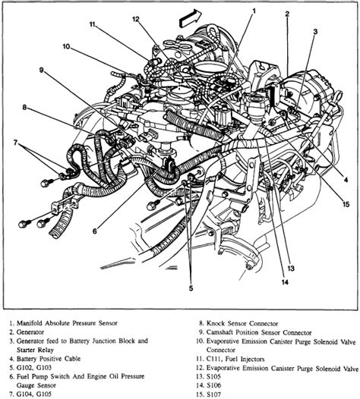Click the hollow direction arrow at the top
point(191,17)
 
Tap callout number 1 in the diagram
point(254,11)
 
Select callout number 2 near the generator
point(287,14)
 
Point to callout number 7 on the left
point(15,143)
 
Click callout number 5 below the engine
point(191,288)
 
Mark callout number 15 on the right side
point(346,204)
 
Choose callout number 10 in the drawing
point(66,46)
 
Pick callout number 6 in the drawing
point(94,231)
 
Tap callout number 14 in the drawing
point(285,282)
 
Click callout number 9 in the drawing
point(42,70)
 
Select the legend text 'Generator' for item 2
point(30,332)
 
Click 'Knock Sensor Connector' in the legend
point(242,323)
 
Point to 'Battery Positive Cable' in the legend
point(49,359)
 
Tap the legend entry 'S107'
point(213,394)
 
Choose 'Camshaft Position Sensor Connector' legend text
point(259,332)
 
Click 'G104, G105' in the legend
point(34,394)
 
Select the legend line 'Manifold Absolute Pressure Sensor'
point(67,323)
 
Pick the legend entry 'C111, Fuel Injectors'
point(235,359)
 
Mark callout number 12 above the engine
point(136,19)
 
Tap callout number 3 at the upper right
point(315,32)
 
